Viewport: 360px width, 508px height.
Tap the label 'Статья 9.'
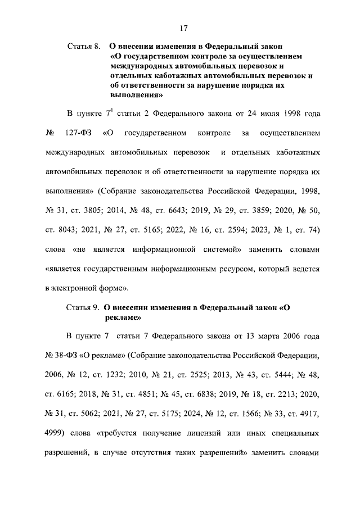pyautogui.click(x=83, y=307)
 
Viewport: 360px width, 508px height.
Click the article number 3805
pyautogui.click(x=105, y=212)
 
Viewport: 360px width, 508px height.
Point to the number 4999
pyautogui.click(x=55, y=434)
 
